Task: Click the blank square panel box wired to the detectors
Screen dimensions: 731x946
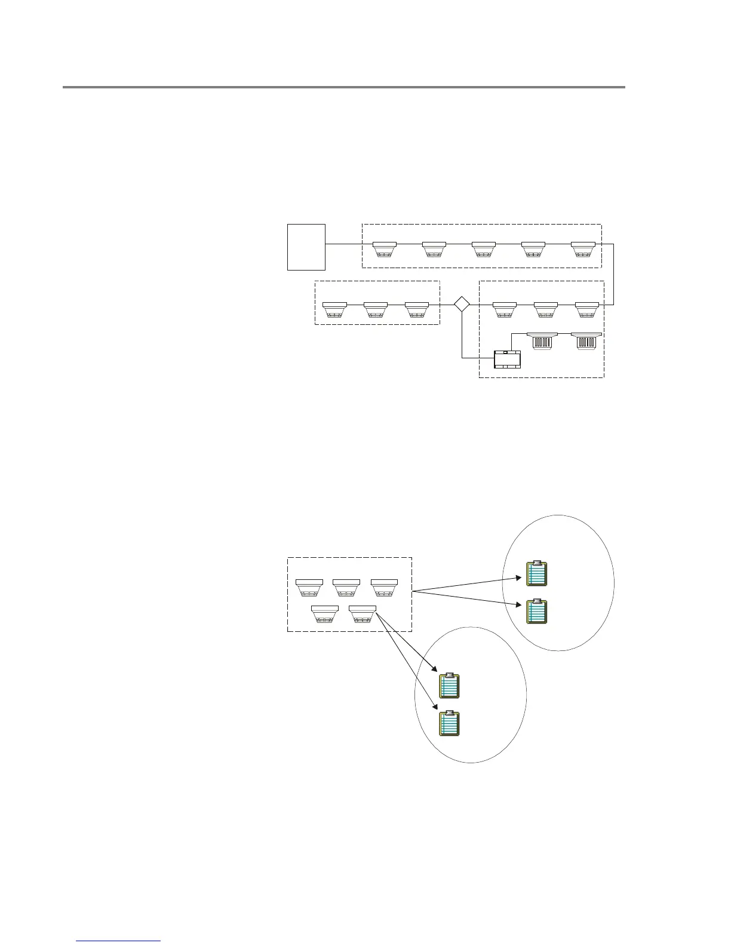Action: click(306, 247)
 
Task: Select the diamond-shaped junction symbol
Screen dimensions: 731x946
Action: click(462, 304)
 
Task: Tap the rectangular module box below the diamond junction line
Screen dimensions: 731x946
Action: click(508, 360)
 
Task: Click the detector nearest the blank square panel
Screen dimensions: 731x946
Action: click(384, 248)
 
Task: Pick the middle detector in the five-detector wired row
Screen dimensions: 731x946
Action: click(483, 248)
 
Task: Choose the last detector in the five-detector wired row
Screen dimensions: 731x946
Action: click(582, 248)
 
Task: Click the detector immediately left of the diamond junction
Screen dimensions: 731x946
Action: click(417, 309)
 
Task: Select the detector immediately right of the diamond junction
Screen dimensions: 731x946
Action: click(505, 309)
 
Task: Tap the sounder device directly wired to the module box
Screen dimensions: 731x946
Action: click(542, 340)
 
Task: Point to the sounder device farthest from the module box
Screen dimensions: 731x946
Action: click(586, 340)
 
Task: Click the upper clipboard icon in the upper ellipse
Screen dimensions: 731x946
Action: click(537, 573)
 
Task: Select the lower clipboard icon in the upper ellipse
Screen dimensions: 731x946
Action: click(537, 611)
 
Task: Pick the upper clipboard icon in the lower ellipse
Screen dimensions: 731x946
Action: click(450, 686)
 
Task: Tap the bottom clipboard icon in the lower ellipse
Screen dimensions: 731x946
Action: click(450, 723)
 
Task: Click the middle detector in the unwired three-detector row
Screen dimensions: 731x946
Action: click(346, 587)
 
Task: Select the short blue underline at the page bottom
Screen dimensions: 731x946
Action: click(118, 941)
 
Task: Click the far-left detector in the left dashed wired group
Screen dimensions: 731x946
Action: click(334, 309)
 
